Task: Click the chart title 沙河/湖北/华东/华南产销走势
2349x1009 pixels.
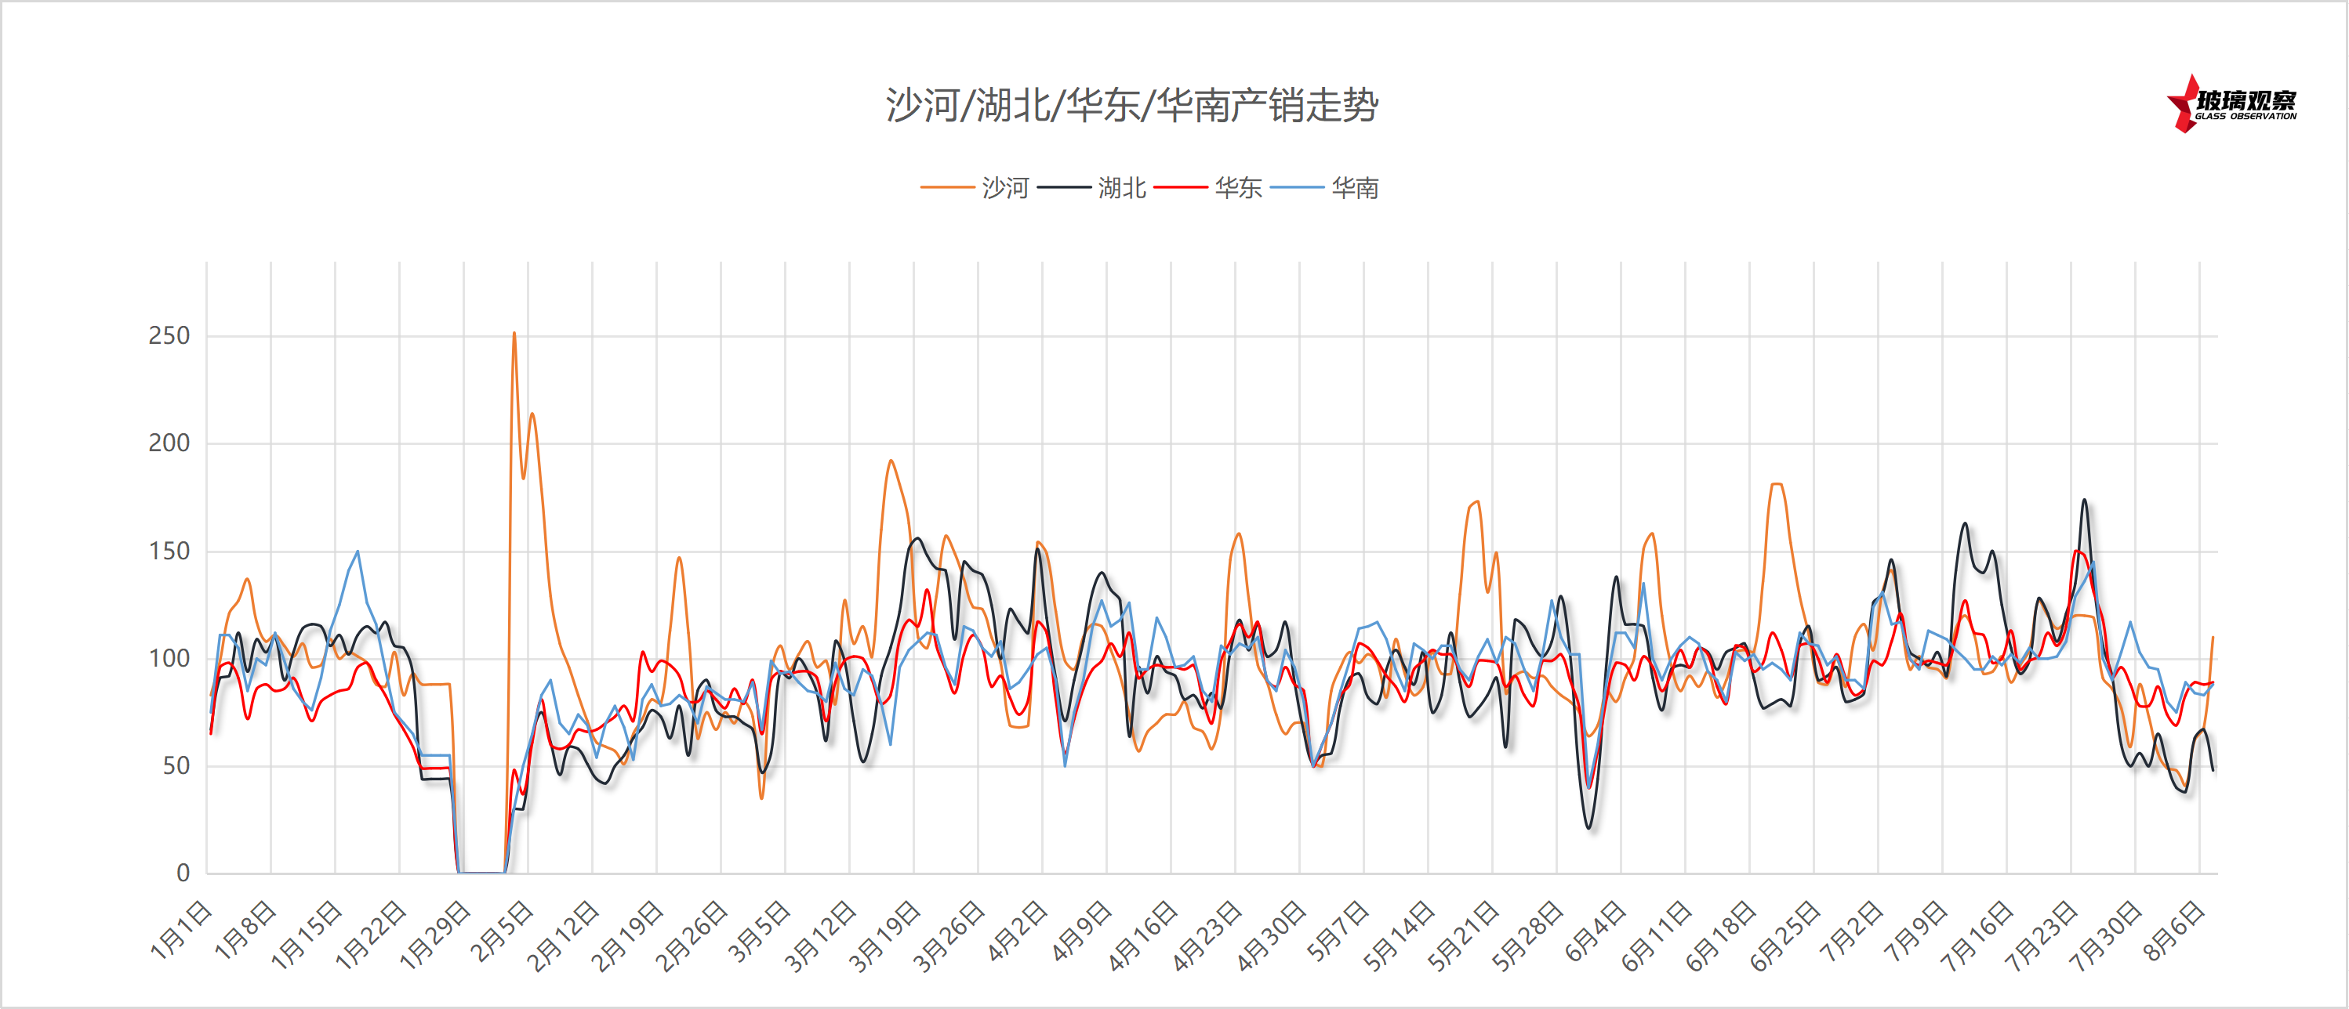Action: (1131, 106)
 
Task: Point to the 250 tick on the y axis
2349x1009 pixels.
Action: (169, 335)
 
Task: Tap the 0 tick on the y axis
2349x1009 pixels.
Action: (183, 873)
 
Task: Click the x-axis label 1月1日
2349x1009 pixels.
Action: (180, 930)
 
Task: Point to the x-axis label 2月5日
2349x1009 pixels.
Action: (502, 930)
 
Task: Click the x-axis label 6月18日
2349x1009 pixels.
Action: (1719, 935)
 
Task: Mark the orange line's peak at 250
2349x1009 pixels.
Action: (514, 334)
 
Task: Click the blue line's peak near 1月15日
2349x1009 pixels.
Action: (358, 552)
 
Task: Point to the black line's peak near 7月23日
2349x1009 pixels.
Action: (2084, 500)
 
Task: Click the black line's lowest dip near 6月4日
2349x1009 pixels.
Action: (1589, 827)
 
